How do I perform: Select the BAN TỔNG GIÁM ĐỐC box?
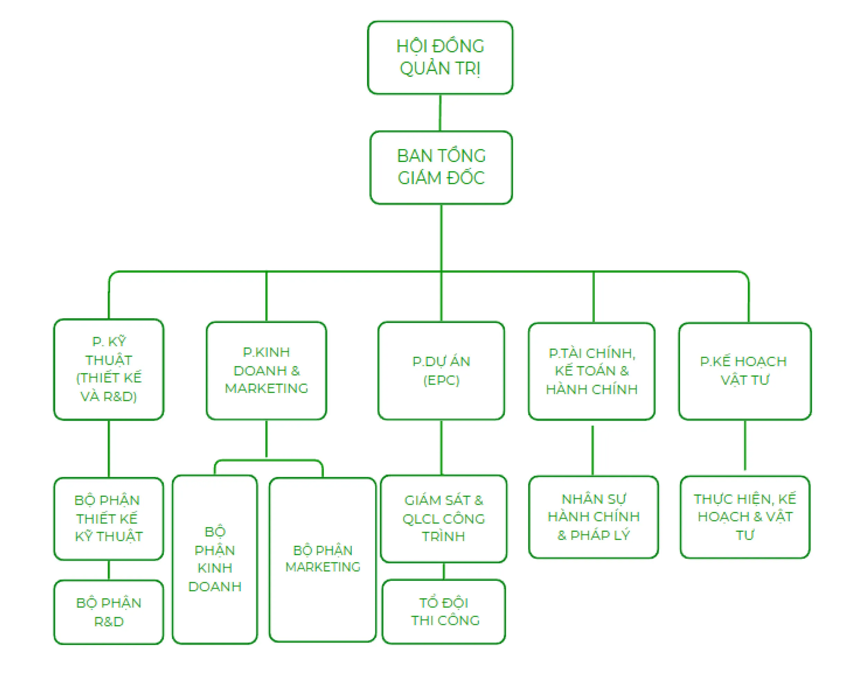click(x=441, y=167)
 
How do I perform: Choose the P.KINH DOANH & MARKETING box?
click(x=266, y=370)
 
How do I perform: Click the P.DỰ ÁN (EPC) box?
click(x=441, y=370)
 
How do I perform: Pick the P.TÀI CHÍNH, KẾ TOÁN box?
click(x=592, y=371)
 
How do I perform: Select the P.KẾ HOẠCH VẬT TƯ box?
click(x=745, y=371)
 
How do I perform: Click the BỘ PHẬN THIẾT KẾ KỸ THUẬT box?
click(x=109, y=519)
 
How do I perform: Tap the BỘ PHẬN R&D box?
click(x=109, y=612)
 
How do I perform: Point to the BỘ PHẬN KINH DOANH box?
click(x=215, y=559)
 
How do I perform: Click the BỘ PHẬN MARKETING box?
click(x=322, y=559)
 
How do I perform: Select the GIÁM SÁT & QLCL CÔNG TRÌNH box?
click(x=444, y=519)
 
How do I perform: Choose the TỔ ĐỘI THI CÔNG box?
click(x=444, y=612)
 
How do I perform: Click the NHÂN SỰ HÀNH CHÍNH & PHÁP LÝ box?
click(x=593, y=517)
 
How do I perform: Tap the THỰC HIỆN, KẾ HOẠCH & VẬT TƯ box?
click(x=745, y=517)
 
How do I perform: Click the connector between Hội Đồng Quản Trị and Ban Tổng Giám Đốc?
click(x=440, y=113)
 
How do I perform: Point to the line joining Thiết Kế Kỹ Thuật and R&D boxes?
click(x=109, y=570)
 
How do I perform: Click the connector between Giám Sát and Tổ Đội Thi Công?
click(x=444, y=571)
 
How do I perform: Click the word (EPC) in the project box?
click(x=441, y=380)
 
